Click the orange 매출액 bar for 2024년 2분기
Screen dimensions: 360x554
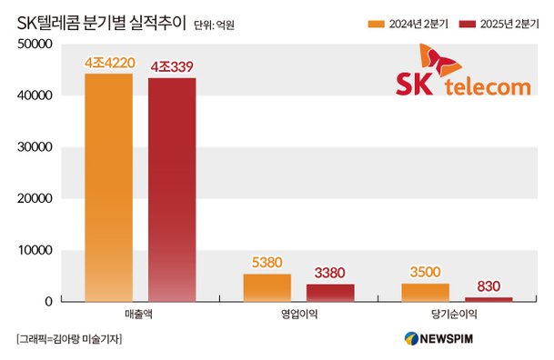[x=108, y=186]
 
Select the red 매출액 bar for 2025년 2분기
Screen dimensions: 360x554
[x=172, y=188]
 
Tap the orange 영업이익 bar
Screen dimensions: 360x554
[x=267, y=287]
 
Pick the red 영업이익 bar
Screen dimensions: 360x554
[x=329, y=292]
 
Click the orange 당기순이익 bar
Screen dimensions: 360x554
[x=425, y=292]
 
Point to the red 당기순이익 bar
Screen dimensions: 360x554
[x=489, y=298]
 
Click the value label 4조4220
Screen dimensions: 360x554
[x=108, y=64]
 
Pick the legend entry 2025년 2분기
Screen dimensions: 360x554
[x=499, y=20]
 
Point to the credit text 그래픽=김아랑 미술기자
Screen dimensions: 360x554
[x=69, y=339]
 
